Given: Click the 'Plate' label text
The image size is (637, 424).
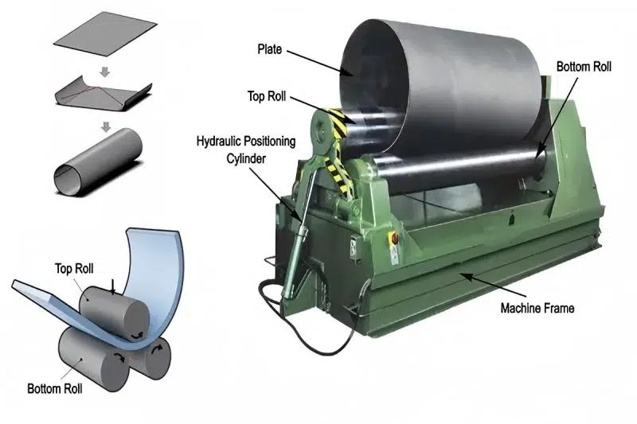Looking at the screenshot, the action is click(269, 49).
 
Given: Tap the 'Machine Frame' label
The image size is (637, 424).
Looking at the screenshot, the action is click(537, 308).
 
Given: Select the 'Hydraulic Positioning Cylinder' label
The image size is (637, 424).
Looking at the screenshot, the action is click(246, 150).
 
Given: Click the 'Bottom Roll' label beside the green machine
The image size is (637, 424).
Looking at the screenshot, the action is click(584, 67).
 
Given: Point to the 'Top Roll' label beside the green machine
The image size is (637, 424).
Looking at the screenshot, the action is click(267, 96).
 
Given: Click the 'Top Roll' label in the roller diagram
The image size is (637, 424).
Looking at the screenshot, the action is click(74, 268).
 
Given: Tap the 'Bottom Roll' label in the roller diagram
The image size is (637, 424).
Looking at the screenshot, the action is click(54, 388).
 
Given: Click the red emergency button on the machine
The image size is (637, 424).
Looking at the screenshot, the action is click(393, 238).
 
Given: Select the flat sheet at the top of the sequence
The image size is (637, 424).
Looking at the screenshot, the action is click(105, 33).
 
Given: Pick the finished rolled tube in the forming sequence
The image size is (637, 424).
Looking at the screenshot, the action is click(98, 161).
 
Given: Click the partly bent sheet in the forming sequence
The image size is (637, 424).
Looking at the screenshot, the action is click(103, 96).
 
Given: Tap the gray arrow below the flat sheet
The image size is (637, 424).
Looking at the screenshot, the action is click(105, 72).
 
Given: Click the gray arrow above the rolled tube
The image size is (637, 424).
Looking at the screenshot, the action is click(106, 126).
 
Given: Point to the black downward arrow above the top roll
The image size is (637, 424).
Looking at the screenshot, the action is click(113, 287).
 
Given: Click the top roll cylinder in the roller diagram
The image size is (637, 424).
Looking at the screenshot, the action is click(114, 313).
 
